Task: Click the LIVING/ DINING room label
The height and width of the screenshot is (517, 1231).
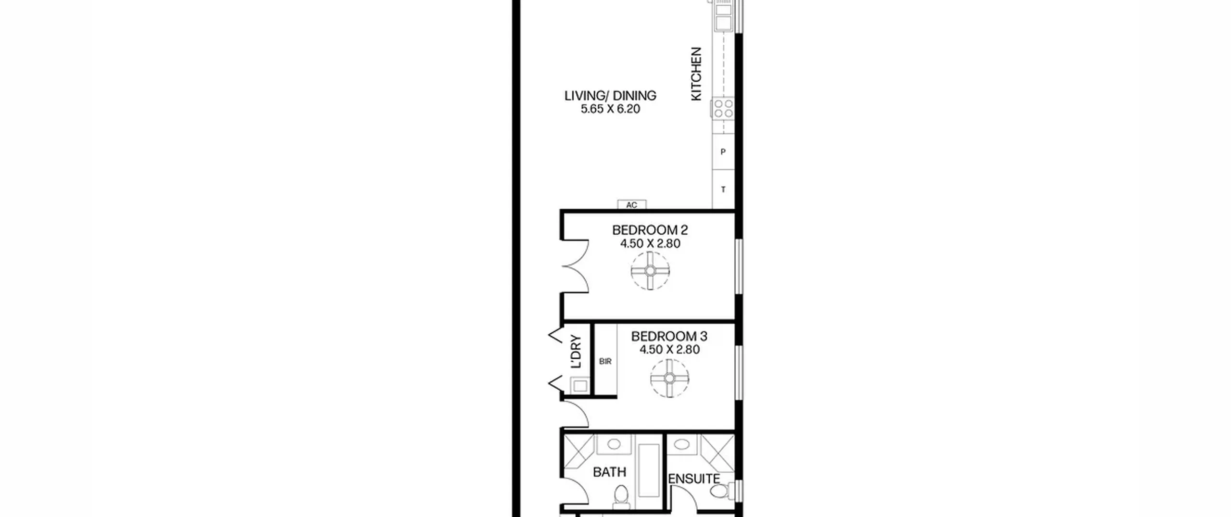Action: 610,96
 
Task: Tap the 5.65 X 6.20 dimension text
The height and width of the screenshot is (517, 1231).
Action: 610,109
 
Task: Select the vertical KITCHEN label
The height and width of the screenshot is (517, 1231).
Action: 696,74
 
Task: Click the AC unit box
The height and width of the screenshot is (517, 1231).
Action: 632,205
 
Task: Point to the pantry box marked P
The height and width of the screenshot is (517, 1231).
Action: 723,152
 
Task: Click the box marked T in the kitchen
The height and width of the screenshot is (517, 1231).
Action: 723,189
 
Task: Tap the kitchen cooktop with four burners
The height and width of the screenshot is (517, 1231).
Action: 723,108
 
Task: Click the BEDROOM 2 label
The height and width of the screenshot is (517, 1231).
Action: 650,230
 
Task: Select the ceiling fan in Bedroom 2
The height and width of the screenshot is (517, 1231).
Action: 650,271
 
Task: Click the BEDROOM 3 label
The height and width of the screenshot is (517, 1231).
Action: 669,336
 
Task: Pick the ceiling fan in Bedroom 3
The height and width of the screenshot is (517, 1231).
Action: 670,378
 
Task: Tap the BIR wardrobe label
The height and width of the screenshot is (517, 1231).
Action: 605,361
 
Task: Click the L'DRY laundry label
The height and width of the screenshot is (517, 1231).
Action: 576,352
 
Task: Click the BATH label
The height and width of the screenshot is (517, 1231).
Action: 610,472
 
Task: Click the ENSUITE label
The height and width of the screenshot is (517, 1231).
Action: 694,479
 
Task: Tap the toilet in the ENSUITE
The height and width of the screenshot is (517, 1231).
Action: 721,492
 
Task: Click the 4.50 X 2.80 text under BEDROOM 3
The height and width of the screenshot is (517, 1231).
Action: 669,350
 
